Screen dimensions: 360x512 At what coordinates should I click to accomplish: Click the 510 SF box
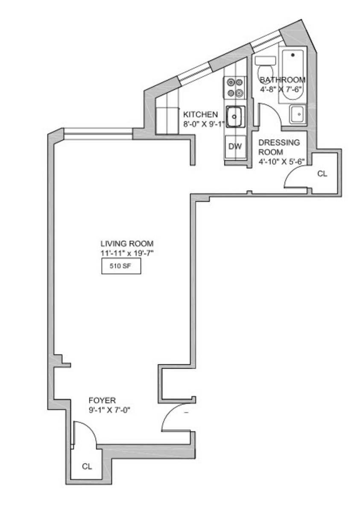121,266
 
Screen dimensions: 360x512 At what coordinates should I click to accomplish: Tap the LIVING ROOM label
127,244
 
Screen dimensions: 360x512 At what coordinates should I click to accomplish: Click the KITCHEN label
200,114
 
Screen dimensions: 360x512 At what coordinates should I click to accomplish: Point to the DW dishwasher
235,146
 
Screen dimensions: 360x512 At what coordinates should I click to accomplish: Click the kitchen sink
235,117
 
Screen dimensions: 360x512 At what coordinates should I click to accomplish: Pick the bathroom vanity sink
298,114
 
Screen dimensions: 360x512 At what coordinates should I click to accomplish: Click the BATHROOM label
283,80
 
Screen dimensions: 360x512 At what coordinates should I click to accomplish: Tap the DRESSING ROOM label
279,147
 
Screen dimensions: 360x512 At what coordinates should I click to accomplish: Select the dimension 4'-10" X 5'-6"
281,162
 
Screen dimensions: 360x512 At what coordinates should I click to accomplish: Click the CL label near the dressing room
322,174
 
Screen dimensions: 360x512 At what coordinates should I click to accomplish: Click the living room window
98,134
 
